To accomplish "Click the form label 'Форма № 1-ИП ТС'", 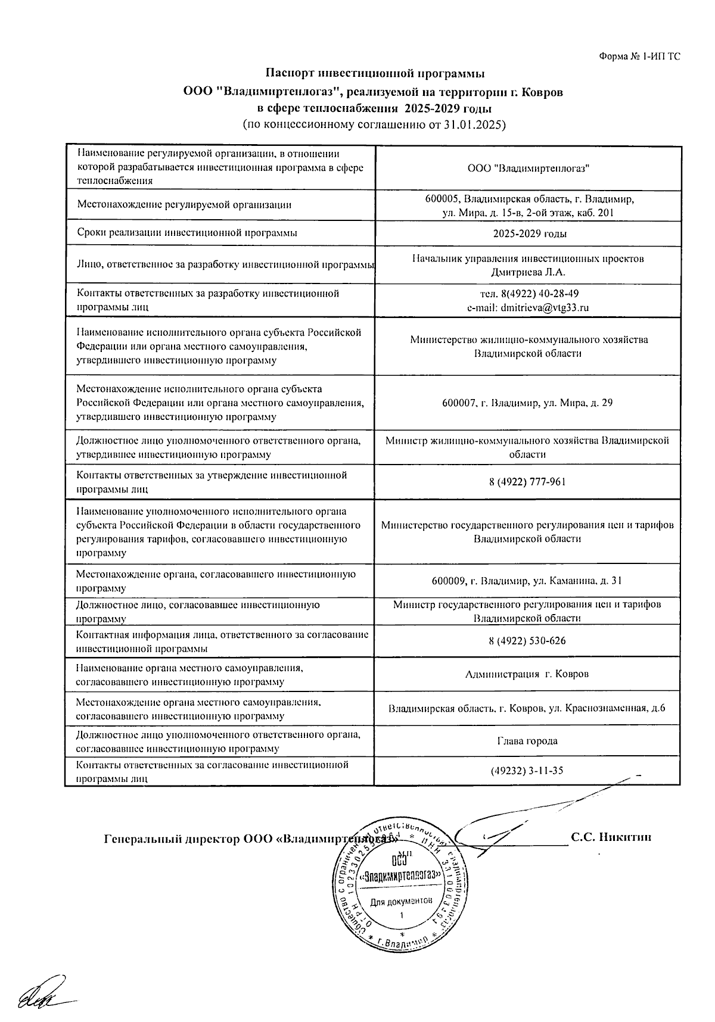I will pos(639,57).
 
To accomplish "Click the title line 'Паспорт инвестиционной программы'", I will pos(375,74).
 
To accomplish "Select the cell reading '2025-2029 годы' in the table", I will pos(529,233).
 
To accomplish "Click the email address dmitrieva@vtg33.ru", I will pos(528,308).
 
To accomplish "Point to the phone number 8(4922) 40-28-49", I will pos(529,294).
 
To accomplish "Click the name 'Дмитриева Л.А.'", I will pos(528,273).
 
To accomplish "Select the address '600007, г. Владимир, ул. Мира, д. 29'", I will pos(527,403).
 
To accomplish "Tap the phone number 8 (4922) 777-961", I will pos(527,482).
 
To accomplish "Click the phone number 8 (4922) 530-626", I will pos(527,641).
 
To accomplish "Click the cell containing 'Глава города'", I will pos(527,741).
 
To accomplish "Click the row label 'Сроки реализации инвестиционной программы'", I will pos(187,233).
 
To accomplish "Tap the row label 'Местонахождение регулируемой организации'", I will pos(185,205).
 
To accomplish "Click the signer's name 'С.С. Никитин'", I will pos(611,837).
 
